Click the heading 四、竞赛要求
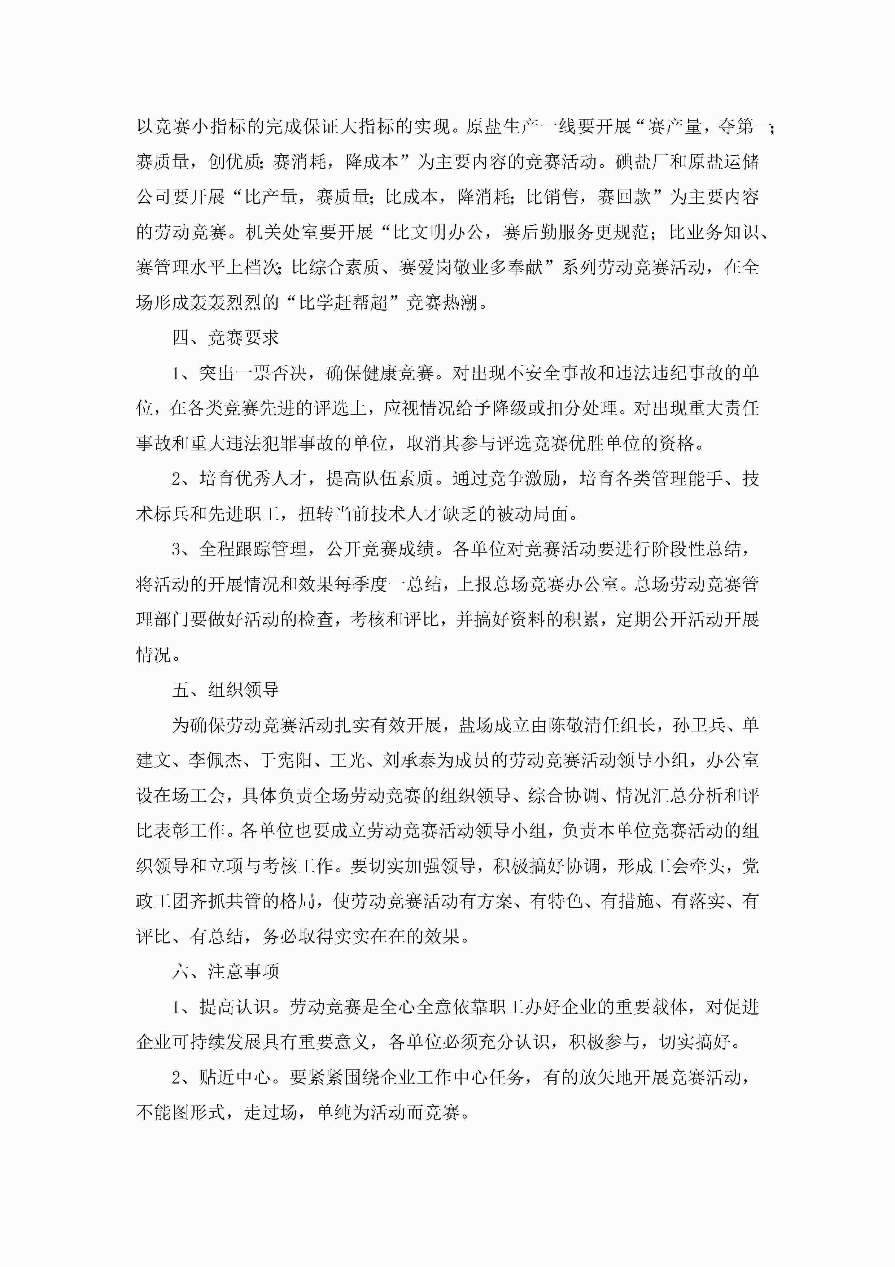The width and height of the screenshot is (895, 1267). [x=226, y=338]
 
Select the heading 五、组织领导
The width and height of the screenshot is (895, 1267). [x=226, y=690]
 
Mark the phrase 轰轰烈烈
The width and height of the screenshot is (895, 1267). [x=226, y=302]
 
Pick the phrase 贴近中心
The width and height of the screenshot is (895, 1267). [x=234, y=1077]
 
